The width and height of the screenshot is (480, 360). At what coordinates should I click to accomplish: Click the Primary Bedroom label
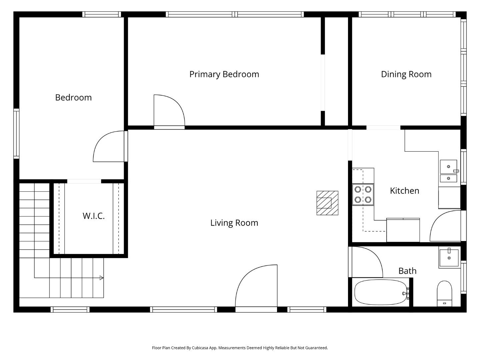click(224, 74)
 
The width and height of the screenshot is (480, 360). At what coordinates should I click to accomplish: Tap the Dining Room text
click(406, 74)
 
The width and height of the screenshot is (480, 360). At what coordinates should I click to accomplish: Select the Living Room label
click(234, 223)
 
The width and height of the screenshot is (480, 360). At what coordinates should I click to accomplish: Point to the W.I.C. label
click(94, 216)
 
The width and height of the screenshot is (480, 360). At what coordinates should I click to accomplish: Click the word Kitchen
click(404, 191)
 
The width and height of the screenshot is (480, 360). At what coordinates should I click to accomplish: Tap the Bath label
click(407, 271)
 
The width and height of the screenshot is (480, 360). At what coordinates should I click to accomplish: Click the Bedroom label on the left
click(73, 98)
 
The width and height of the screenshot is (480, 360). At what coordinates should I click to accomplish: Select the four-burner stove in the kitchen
click(363, 194)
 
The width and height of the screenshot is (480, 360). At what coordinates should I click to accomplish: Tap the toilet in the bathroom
click(444, 293)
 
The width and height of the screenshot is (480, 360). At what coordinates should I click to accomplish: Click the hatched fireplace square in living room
click(327, 203)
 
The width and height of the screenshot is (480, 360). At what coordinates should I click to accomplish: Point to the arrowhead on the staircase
click(101, 278)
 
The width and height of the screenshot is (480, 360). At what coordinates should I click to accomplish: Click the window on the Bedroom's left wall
click(16, 133)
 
